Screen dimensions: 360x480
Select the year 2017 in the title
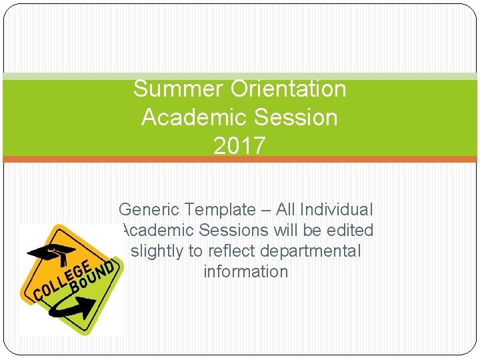pyautogui.click(x=239, y=146)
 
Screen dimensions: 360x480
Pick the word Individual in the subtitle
pyautogui.click(x=337, y=210)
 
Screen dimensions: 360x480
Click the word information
pyautogui.click(x=245, y=272)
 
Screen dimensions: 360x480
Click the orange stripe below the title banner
pyautogui.click(x=240, y=159)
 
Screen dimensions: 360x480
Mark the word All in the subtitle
pyautogui.click(x=285, y=210)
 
